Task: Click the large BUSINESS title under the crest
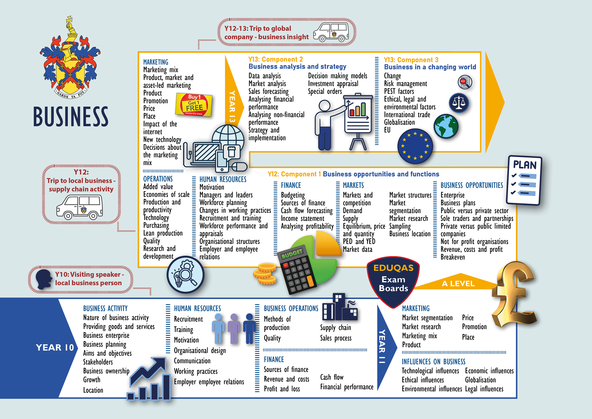(71, 117)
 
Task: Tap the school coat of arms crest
(70, 59)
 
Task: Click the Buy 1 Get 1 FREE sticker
(194, 105)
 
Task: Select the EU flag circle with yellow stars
(415, 146)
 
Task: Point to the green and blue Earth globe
(446, 126)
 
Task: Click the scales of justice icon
(459, 103)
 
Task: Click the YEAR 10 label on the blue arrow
(55, 347)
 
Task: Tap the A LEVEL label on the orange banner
(458, 284)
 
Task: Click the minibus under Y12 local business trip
(80, 207)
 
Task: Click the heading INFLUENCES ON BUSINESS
(433, 362)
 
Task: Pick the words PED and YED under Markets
(359, 242)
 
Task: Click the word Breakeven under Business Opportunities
(452, 257)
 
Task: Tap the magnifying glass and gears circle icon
(185, 274)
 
